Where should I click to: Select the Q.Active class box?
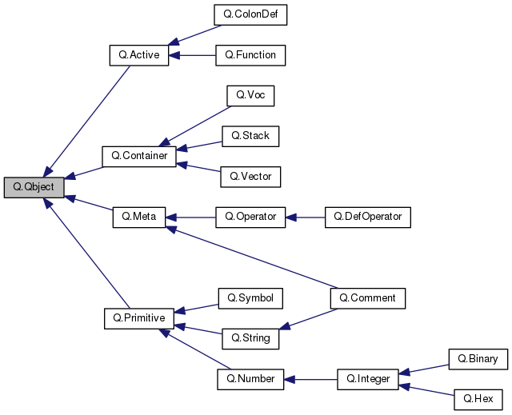(139, 56)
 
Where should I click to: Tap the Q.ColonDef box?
(250, 14)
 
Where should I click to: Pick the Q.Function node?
(250, 55)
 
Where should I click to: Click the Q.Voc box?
(250, 96)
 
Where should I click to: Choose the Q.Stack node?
(250, 136)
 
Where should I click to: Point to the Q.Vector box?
(250, 176)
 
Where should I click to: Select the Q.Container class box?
(139, 156)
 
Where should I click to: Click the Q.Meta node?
(139, 217)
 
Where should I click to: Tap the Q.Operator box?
(250, 217)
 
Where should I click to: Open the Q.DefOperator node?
(368, 217)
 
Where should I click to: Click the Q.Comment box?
(368, 298)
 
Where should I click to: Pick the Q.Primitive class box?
(139, 318)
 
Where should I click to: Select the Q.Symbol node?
(250, 298)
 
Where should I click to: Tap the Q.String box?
(250, 338)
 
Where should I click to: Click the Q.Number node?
(250, 379)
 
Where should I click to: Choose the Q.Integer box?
(368, 379)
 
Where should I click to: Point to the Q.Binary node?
(478, 359)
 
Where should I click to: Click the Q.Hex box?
(478, 399)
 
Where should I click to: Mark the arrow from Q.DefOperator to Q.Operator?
(305, 217)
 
